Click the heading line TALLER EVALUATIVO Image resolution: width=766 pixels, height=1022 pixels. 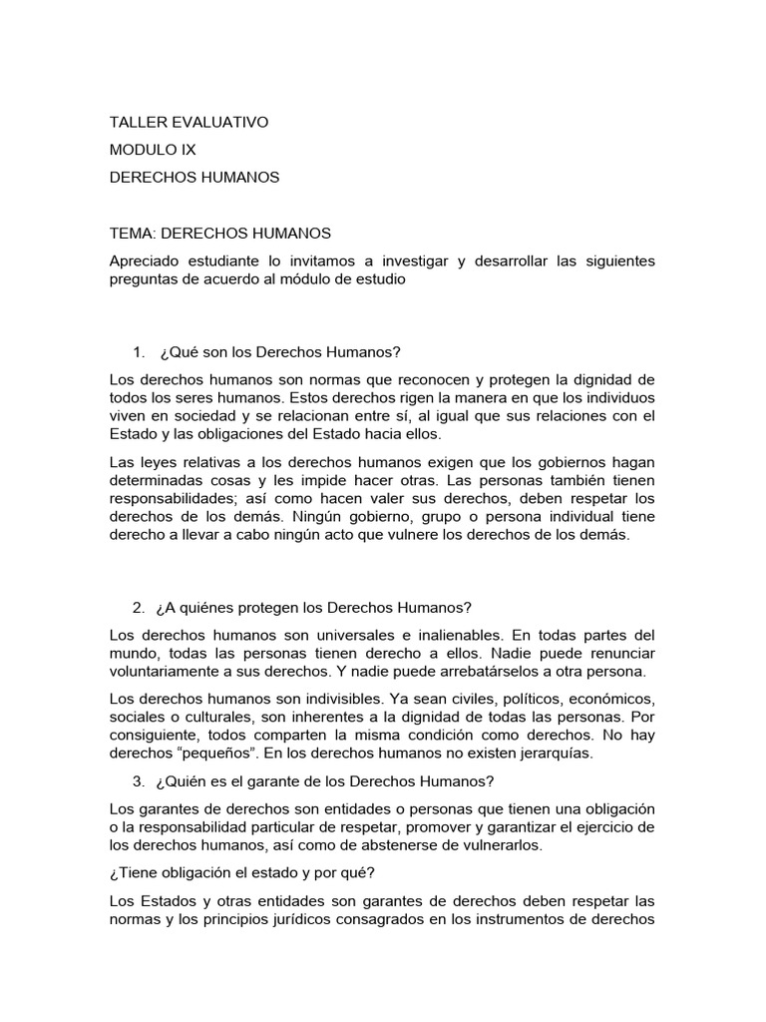189,122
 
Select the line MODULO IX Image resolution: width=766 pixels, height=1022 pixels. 153,150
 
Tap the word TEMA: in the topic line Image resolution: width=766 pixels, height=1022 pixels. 133,233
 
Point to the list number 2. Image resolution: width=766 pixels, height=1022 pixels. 138,608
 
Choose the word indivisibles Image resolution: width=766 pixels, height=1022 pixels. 322,699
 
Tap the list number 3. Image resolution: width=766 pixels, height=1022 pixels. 138,780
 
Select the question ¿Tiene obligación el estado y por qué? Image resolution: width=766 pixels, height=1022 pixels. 241,872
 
